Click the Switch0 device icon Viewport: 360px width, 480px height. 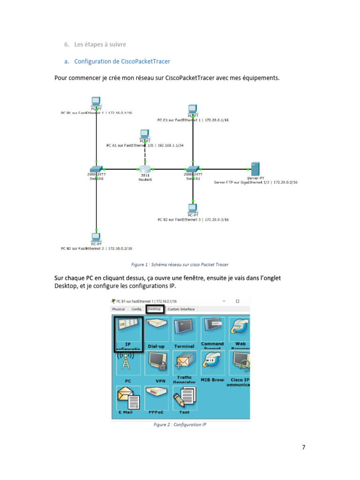96,169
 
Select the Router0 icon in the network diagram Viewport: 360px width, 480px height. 145,169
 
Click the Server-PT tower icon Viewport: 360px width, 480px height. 255,168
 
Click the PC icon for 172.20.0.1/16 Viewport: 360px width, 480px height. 192,110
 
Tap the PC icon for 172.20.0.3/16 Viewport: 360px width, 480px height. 192,208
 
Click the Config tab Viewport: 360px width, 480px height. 136,309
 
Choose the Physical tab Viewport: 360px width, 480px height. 119,309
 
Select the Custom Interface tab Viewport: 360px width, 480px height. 181,309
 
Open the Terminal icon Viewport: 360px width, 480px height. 184,329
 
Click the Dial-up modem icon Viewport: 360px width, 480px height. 156,329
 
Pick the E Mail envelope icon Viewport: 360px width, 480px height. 127,398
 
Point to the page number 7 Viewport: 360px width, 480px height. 304,447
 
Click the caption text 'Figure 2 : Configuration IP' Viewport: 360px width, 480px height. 180,425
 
